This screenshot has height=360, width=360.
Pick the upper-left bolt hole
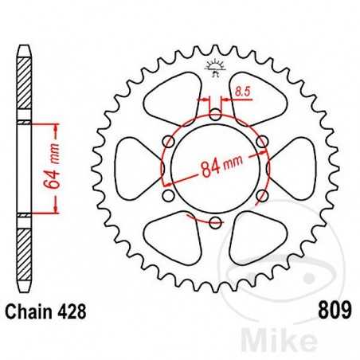point(170,142)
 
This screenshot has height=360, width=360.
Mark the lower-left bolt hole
point(170,194)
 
